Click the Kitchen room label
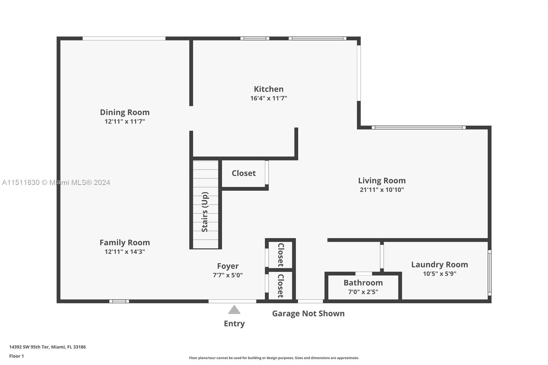click(x=269, y=89)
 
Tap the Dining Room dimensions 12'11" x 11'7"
click(x=125, y=122)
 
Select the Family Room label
click(x=125, y=242)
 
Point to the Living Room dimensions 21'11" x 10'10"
click(x=382, y=190)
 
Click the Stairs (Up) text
click(x=205, y=212)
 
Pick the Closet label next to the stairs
click(x=244, y=173)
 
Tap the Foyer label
click(x=228, y=266)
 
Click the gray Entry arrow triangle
click(x=234, y=310)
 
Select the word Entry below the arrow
click(x=234, y=324)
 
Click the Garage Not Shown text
click(x=308, y=313)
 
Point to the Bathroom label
click(x=363, y=283)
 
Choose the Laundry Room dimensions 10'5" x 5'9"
click(x=439, y=274)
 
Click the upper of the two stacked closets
click(x=281, y=255)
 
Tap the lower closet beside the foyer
click(x=281, y=286)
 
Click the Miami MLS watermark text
click(x=56, y=182)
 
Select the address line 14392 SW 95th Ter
click(x=47, y=347)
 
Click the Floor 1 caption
click(x=16, y=356)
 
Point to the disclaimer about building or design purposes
click(x=274, y=358)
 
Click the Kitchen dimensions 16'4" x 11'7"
click(x=269, y=98)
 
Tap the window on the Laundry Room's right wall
click(x=489, y=273)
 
